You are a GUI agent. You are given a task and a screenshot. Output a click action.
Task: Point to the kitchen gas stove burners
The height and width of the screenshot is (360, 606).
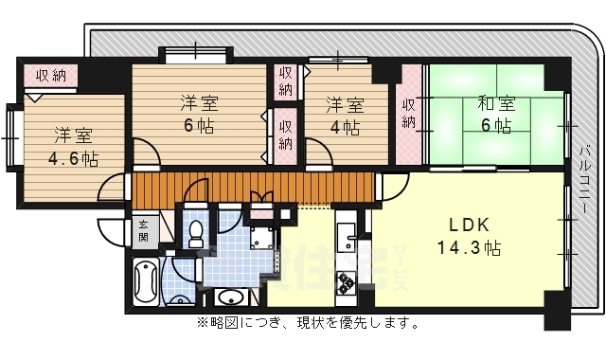[345, 281]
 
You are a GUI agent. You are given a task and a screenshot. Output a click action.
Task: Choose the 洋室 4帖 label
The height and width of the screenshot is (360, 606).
[345, 114]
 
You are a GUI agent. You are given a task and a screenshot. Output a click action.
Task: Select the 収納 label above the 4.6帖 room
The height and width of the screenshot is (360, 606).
[49, 76]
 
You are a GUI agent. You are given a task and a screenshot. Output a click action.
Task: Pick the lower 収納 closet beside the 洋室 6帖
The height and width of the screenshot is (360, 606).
[286, 131]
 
